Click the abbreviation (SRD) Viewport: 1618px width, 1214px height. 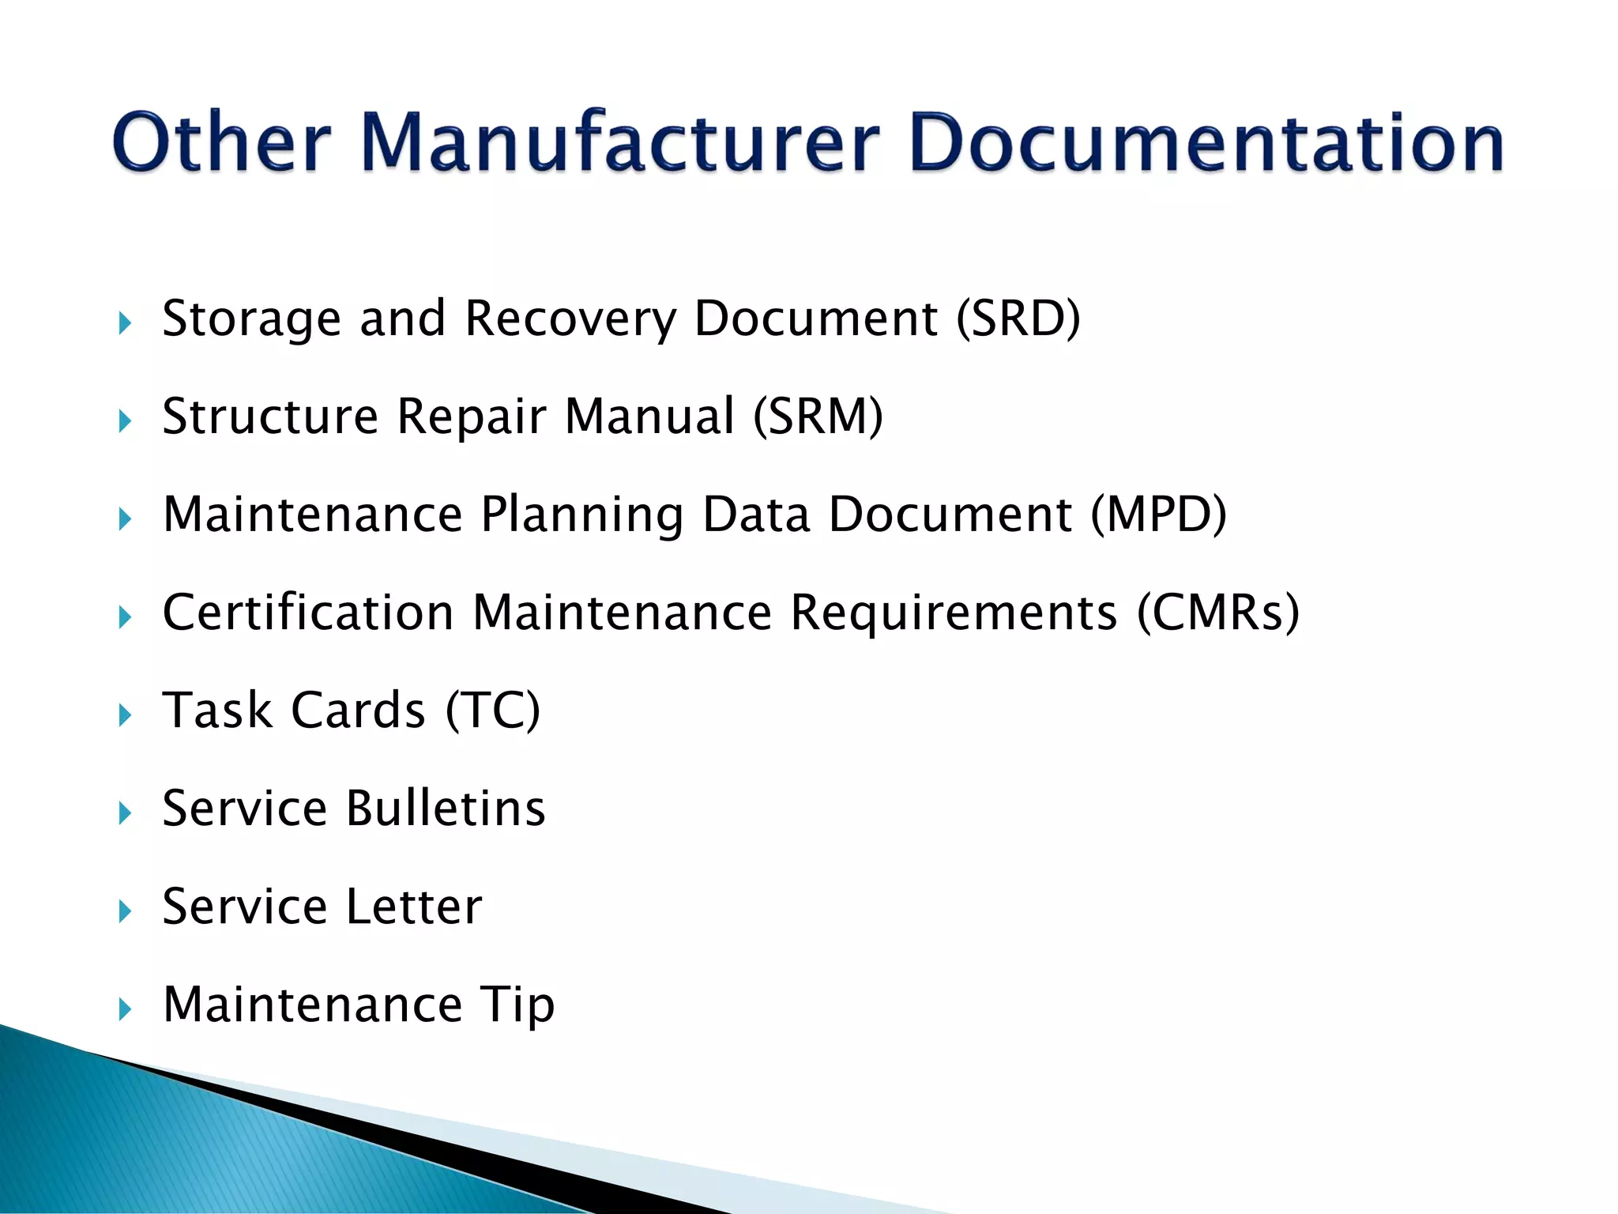(x=1018, y=319)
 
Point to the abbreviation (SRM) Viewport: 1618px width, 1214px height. (x=818, y=417)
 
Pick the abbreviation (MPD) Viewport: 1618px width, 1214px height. (x=1158, y=515)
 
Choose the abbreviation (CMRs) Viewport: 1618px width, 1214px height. (x=1217, y=613)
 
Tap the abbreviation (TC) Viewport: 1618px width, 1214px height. (x=493, y=711)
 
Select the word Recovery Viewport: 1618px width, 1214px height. (x=570, y=320)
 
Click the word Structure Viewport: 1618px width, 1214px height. (x=270, y=417)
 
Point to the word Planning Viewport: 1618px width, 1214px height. (x=582, y=516)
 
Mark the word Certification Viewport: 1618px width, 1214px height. (x=308, y=613)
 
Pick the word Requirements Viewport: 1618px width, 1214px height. (x=954, y=614)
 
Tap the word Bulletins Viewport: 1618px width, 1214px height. (x=446, y=809)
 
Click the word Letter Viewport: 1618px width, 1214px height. (x=414, y=907)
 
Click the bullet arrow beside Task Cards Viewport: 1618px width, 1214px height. (x=125, y=716)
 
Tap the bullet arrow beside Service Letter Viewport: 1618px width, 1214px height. (x=125, y=912)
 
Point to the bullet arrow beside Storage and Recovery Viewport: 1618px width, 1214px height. (x=125, y=323)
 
